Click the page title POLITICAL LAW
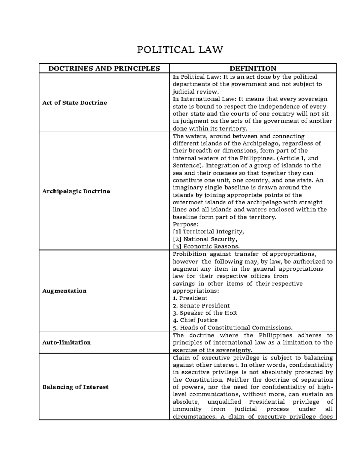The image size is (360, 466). [180, 49]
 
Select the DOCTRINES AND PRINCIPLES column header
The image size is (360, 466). [104, 68]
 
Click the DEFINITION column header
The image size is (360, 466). [253, 68]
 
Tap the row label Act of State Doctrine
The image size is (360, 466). [75, 103]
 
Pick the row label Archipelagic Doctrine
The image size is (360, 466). [76, 191]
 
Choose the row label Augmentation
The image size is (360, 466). [64, 291]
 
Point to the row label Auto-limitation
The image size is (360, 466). [66, 342]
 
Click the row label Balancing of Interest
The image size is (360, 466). [75, 387]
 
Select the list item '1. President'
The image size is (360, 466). [190, 298]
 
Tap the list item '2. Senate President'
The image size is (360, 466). [201, 305]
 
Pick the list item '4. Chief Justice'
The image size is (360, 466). [195, 320]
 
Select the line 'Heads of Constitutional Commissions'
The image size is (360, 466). [232, 328]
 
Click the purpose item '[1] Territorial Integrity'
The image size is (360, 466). [208, 232]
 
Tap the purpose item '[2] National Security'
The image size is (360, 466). [205, 239]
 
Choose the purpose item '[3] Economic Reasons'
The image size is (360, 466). [206, 246]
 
